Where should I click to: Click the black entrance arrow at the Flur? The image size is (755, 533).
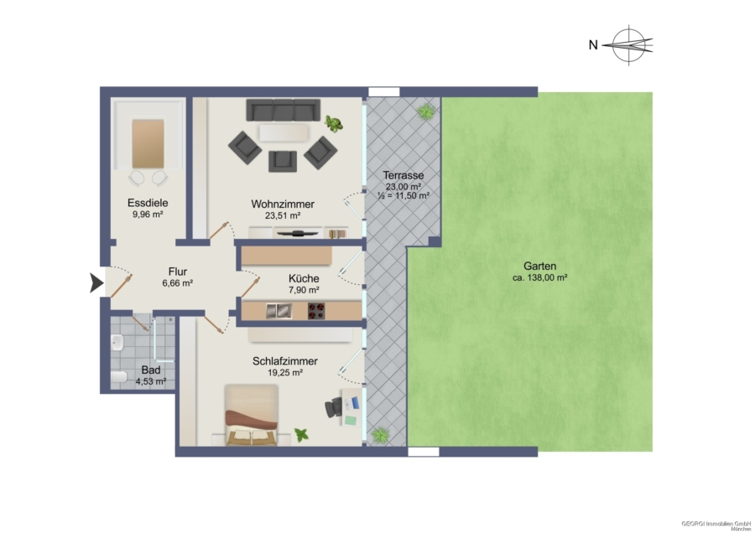96,283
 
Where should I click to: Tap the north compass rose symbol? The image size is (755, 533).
628,45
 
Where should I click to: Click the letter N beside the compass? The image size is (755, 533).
593,44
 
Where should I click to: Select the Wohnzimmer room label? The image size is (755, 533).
283,204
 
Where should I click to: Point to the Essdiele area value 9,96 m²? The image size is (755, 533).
148,215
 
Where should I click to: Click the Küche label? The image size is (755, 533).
304,278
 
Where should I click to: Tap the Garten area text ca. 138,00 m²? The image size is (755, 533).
539,277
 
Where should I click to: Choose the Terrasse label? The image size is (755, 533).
404,176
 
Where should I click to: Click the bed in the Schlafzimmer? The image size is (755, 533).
252,415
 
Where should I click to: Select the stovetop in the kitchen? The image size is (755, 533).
316,311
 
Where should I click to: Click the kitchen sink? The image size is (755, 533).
279,311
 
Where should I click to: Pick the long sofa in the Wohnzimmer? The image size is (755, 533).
284,110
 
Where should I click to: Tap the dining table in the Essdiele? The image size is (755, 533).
148,144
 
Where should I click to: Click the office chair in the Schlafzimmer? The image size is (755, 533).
334,407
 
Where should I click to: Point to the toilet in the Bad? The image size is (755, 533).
118,376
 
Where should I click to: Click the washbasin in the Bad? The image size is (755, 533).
117,343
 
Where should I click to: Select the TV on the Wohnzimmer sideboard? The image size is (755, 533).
299,233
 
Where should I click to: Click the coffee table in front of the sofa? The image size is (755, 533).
284,132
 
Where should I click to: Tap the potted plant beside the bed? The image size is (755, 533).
302,435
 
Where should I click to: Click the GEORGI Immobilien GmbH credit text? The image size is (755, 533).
716,524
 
